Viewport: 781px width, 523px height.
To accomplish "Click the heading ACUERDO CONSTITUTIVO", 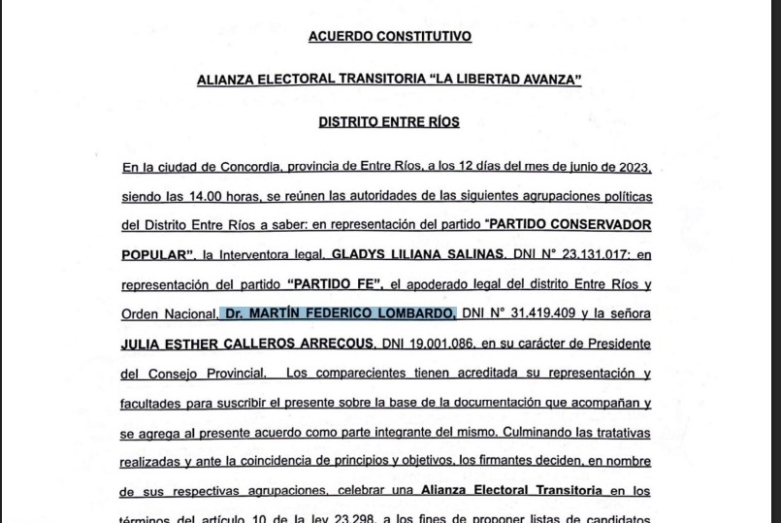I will [x=389, y=37].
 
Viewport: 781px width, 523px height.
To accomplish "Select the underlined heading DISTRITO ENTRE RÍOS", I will [x=389, y=122].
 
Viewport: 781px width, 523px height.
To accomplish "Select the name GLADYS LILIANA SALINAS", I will [x=417, y=255].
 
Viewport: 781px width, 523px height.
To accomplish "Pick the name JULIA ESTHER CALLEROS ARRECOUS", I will [x=247, y=344].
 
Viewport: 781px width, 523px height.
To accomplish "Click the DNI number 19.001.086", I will [x=433, y=344].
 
